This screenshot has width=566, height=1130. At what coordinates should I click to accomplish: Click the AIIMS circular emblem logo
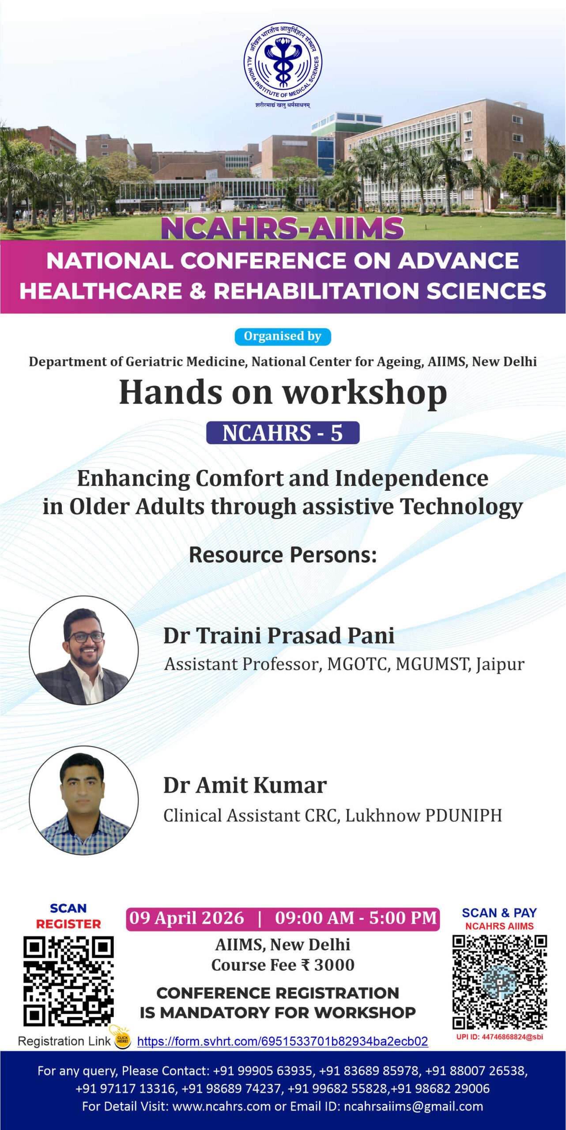tap(283, 62)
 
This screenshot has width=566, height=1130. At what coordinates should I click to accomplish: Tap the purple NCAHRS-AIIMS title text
tap(283, 228)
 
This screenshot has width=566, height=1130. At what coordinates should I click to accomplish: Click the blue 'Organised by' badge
tap(283, 336)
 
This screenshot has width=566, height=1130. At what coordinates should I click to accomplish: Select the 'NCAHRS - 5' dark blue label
tap(283, 433)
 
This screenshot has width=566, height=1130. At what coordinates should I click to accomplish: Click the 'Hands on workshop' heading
tap(283, 392)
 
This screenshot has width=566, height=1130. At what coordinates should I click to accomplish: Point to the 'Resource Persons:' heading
tap(283, 555)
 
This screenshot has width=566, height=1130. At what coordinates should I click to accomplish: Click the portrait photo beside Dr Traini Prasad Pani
tap(84, 650)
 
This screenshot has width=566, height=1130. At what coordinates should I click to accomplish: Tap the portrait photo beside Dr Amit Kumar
tap(84, 800)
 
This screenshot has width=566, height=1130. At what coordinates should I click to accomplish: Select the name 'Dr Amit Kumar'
tap(245, 786)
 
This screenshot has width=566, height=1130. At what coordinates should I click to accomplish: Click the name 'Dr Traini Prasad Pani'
tap(279, 636)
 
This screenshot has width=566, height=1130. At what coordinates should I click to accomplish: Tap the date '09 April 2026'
tap(186, 918)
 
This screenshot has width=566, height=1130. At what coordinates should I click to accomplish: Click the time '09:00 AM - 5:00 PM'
tap(356, 918)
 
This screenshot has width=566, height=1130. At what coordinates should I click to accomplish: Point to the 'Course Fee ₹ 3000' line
tap(283, 965)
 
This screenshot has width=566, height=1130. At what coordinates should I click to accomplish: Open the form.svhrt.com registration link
tap(283, 1041)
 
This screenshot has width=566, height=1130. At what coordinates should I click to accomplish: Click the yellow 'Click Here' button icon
tap(122, 1040)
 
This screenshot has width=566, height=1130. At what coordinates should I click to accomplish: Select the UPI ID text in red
tap(500, 1037)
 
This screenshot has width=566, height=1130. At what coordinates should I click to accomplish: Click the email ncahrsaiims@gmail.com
tap(413, 1106)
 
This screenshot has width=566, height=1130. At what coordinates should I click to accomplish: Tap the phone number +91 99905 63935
tap(263, 1071)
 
